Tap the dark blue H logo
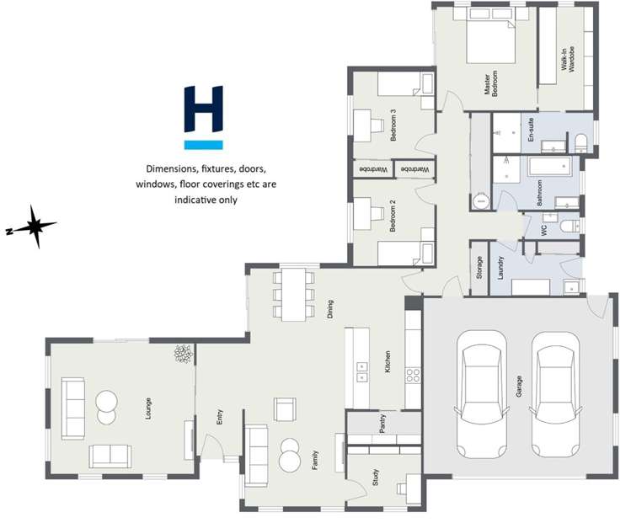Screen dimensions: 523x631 click(x=203, y=109)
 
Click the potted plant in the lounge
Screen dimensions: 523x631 click(x=183, y=355)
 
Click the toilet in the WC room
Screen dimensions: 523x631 click(x=569, y=226)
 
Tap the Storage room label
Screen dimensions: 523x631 click(x=479, y=269)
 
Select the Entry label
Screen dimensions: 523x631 click(x=219, y=416)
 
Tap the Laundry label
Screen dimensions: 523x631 click(x=500, y=269)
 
